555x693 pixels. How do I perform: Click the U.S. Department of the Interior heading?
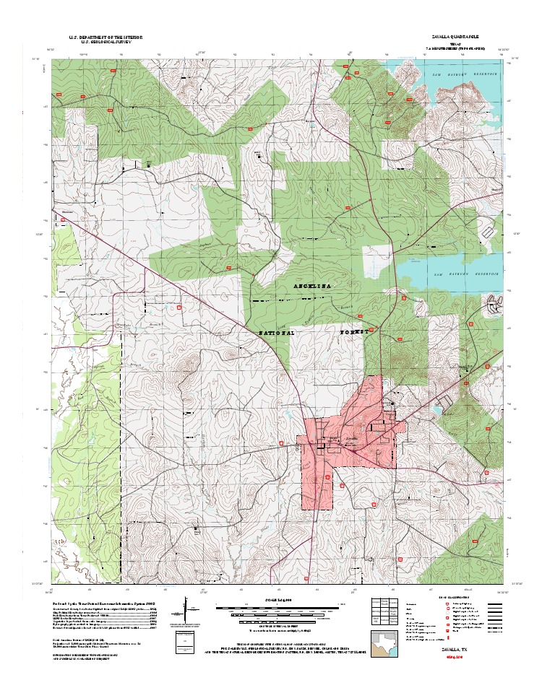tap(106, 36)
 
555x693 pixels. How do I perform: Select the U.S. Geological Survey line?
tap(106, 42)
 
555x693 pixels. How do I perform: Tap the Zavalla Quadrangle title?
tap(455, 36)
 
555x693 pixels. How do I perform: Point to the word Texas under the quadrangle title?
tap(455, 43)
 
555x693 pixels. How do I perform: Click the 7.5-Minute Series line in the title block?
tap(455, 48)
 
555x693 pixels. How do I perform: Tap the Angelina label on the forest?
tap(312, 287)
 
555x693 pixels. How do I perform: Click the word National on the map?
tap(277, 334)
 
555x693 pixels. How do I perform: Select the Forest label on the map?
tap(355, 333)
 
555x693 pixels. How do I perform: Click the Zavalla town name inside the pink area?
tap(351, 437)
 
